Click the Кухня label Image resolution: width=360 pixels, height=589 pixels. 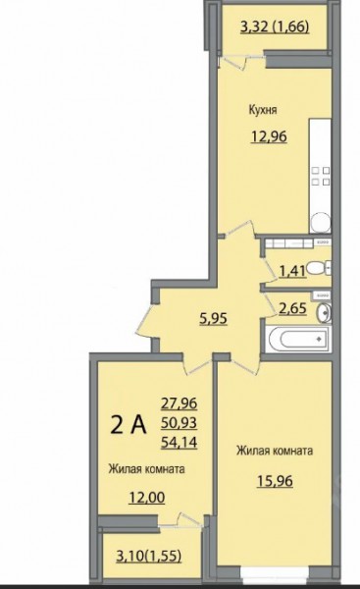click(x=263, y=110)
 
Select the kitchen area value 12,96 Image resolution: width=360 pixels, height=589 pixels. click(x=269, y=136)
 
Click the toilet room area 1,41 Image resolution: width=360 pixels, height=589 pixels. click(x=291, y=270)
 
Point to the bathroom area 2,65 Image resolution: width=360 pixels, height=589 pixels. click(x=292, y=308)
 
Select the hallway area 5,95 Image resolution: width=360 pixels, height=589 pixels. click(x=213, y=318)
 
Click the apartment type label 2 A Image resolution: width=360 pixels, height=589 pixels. click(x=129, y=425)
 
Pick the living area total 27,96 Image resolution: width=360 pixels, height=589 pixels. click(x=180, y=403)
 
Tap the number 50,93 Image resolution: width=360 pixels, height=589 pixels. click(x=180, y=423)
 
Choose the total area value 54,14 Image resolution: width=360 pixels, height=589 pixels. click(x=180, y=443)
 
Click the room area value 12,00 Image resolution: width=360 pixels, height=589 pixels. click(x=147, y=498)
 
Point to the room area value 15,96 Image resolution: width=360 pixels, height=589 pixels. click(x=275, y=481)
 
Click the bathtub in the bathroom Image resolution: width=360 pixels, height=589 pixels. click(x=299, y=339)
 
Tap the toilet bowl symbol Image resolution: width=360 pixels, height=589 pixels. click(x=318, y=268)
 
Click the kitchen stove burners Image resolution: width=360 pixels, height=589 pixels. click(x=321, y=176)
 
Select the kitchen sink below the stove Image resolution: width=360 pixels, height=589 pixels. click(x=321, y=223)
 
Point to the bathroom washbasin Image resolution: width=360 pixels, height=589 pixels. click(x=324, y=313)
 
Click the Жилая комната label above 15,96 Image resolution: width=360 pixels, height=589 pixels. click(x=275, y=451)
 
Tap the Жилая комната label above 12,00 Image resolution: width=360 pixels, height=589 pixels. click(x=146, y=469)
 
